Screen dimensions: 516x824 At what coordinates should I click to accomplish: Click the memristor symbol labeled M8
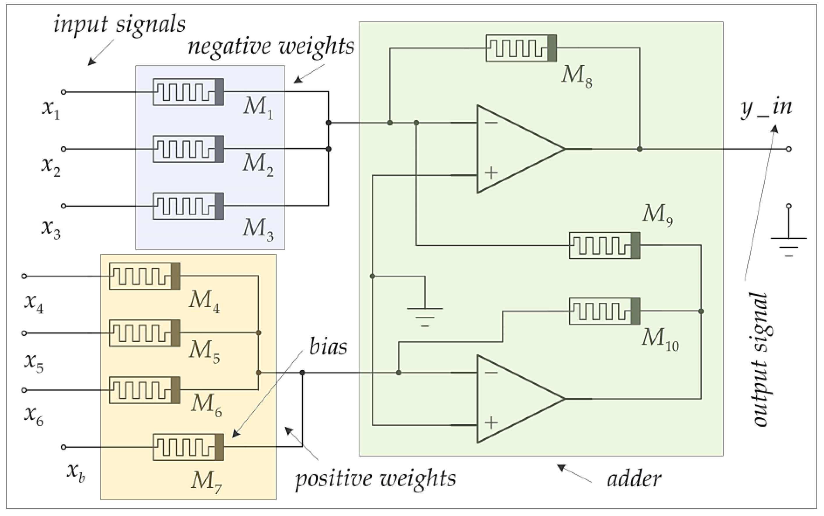(521, 48)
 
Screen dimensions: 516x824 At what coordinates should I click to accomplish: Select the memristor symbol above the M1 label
(188, 92)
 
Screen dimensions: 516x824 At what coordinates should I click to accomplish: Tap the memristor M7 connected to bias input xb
(188, 447)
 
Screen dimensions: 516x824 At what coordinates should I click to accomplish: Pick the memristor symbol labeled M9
(604, 245)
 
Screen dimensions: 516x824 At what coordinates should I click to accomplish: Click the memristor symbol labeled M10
(604, 311)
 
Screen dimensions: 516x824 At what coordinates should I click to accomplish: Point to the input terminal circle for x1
(63, 92)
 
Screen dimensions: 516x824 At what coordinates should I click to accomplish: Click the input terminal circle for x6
(24, 390)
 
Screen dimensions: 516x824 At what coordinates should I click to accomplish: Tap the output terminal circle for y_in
(789, 149)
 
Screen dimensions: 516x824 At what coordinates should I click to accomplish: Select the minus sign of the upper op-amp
(491, 123)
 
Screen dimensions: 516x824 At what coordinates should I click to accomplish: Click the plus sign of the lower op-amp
(491, 423)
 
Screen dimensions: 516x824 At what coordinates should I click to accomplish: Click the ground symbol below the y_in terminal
(789, 246)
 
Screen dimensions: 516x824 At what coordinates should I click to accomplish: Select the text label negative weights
(271, 47)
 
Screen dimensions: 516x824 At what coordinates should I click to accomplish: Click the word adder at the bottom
(634, 479)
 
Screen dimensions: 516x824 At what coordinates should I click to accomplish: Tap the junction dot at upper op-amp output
(640, 149)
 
